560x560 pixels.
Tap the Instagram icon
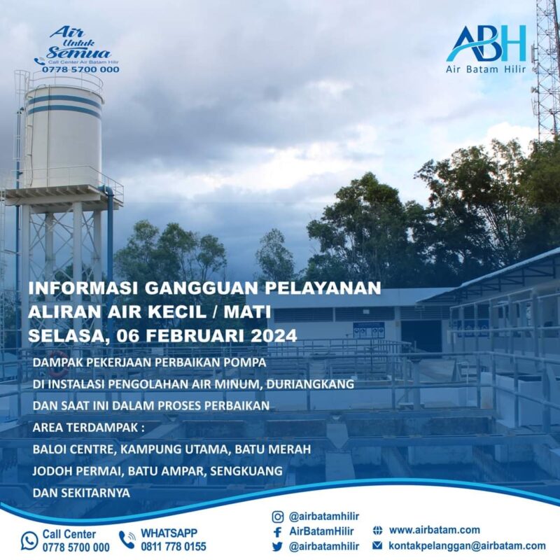click(x=277, y=517)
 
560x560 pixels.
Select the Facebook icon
click(x=277, y=531)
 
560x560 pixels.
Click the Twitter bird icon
click(x=277, y=546)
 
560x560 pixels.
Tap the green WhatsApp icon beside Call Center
click(x=29, y=540)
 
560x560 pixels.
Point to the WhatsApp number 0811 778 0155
click(x=173, y=547)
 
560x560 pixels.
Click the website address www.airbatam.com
click(x=434, y=531)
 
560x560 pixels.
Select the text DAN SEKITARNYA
click(x=82, y=493)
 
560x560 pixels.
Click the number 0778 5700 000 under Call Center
click(x=76, y=547)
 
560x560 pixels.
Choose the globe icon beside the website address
click(x=377, y=531)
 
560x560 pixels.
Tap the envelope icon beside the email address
click(x=377, y=546)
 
